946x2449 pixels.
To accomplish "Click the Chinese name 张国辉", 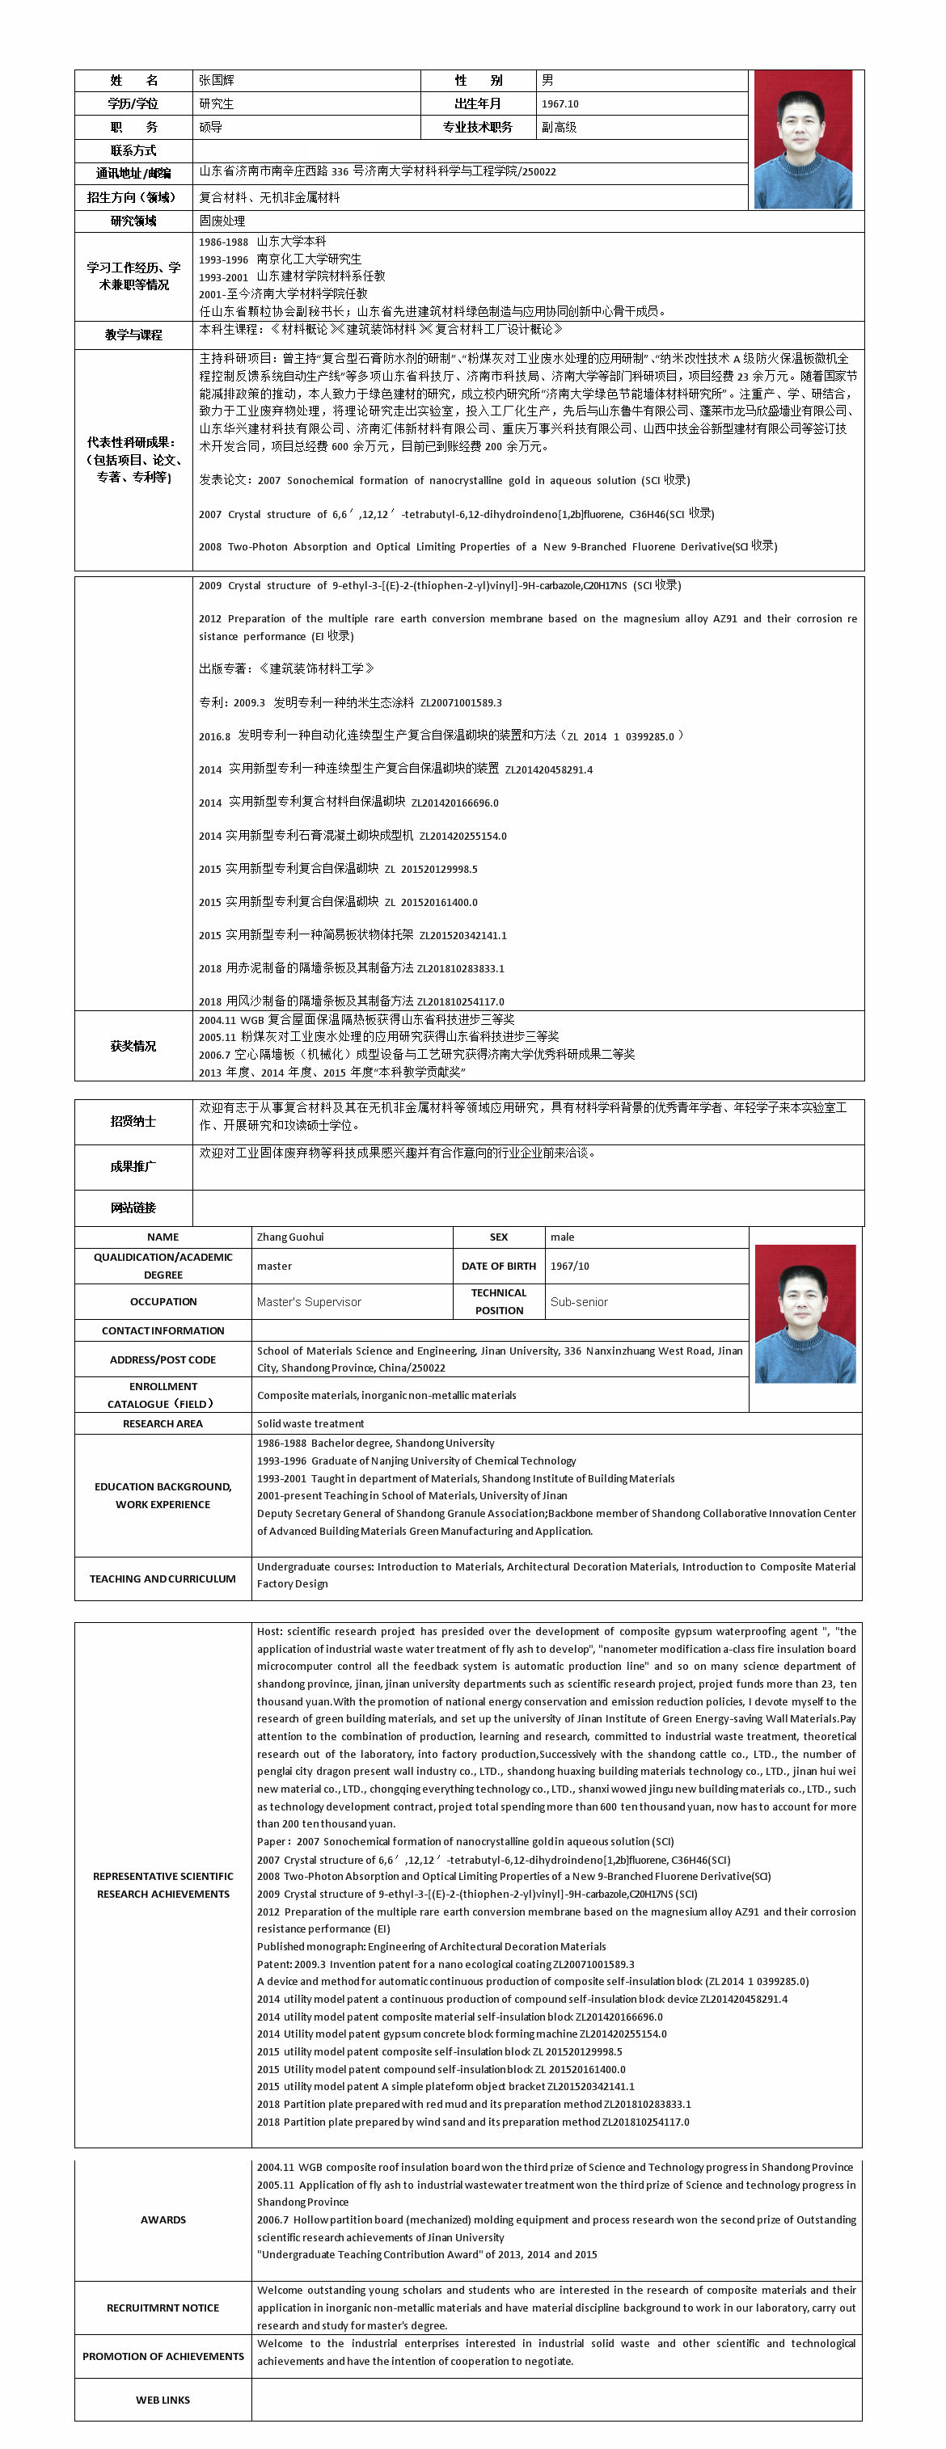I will tap(217, 81).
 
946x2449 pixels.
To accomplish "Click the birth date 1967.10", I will tap(560, 103).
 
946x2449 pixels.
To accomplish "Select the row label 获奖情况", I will tap(133, 1046).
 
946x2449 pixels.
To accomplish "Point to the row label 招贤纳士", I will tap(133, 1121).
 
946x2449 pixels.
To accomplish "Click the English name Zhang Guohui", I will tap(290, 1237).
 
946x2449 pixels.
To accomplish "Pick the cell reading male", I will tap(562, 1237).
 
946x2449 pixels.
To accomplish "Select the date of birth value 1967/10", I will tap(569, 1267).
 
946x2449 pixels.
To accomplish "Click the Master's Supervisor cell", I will tap(309, 1301).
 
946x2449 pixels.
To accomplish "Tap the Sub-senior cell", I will tap(579, 1301).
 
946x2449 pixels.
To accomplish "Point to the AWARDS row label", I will tap(163, 2220).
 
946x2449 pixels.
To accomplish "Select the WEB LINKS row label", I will tap(163, 2401).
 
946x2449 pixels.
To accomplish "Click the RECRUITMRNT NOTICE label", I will tap(163, 2308).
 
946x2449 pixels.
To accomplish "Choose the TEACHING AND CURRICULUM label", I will tap(163, 1579).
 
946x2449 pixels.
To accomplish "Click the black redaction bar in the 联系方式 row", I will tap(345, 151).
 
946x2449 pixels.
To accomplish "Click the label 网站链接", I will tap(133, 1208).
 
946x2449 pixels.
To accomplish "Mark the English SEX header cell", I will tap(498, 1237).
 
